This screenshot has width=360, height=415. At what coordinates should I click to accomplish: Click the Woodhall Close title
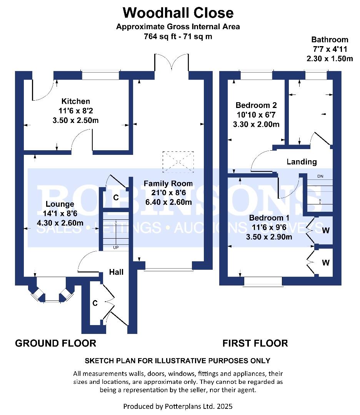(178, 13)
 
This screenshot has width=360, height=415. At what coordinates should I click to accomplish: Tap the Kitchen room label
(76, 101)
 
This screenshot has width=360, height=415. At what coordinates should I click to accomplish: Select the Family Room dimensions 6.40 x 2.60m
(168, 202)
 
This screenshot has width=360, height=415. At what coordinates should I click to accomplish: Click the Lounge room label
(60, 204)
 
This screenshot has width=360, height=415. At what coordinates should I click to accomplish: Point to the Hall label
(116, 272)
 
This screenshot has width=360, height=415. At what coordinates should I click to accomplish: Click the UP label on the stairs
(116, 247)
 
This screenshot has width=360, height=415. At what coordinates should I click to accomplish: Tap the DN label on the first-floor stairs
(320, 176)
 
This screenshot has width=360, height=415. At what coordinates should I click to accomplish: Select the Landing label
(302, 162)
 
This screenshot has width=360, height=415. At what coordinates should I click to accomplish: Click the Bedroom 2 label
(256, 105)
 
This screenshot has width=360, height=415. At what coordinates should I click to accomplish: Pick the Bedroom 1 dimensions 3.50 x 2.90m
(269, 237)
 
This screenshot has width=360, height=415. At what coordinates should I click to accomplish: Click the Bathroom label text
(330, 40)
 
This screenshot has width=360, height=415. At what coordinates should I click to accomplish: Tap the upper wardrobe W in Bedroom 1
(325, 230)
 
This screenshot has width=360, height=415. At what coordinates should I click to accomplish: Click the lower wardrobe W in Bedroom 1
(325, 262)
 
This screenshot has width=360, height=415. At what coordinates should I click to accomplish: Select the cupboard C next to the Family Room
(116, 198)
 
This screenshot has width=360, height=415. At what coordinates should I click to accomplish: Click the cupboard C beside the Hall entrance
(95, 303)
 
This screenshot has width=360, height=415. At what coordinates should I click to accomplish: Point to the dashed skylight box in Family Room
(178, 162)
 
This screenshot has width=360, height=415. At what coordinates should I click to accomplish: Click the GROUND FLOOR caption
(56, 343)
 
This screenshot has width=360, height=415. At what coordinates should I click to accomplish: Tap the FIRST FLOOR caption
(255, 343)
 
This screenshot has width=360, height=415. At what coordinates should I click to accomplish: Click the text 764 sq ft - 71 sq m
(178, 36)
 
